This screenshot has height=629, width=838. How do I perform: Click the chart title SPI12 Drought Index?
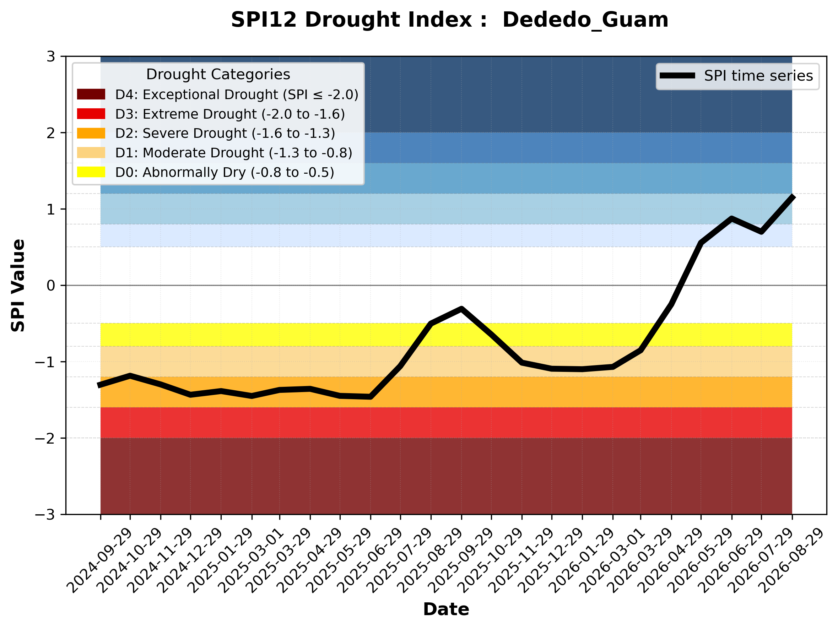[x=359, y=20]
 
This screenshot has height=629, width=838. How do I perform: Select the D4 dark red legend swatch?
[x=91, y=94]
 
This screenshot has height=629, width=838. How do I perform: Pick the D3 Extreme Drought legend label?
[x=230, y=114]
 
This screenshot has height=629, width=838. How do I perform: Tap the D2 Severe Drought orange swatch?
[x=91, y=133]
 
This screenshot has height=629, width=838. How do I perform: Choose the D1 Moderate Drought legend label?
[x=234, y=153]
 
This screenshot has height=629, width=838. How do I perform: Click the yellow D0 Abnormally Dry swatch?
[x=91, y=172]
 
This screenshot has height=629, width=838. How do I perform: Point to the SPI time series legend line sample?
[x=677, y=76]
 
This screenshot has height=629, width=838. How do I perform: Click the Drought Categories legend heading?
[x=218, y=74]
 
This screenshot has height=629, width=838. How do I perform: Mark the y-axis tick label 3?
[x=51, y=56]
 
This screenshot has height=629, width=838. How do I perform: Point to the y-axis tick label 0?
[x=51, y=286]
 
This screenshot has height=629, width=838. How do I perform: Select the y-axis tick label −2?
[x=45, y=438]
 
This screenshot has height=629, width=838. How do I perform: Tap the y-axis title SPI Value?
[x=18, y=286]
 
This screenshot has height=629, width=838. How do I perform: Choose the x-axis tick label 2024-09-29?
[x=99, y=561]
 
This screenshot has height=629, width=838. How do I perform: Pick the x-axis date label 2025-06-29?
[x=369, y=561]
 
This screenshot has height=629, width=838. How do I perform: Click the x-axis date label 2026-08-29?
[x=791, y=561]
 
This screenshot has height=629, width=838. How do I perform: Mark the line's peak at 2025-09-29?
[x=461, y=309]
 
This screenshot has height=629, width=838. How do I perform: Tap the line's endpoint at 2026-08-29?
[x=792, y=196]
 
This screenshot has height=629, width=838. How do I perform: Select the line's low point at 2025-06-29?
[x=371, y=397]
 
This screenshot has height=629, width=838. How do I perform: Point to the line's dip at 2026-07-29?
[x=761, y=231]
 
